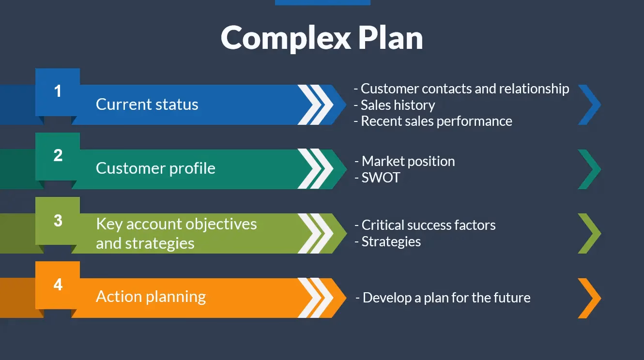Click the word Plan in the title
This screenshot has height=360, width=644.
(x=390, y=38)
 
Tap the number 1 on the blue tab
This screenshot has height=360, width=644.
(x=58, y=91)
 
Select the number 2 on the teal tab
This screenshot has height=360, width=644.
(x=58, y=155)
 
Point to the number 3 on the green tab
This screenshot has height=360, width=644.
(x=58, y=220)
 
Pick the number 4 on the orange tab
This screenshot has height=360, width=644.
(x=58, y=284)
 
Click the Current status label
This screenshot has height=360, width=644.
(x=147, y=105)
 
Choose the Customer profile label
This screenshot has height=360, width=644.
(x=155, y=168)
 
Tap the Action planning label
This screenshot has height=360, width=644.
(x=151, y=297)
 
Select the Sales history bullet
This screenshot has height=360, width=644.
(x=398, y=105)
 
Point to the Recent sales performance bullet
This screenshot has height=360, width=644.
(x=436, y=121)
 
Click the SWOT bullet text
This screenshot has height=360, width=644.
(x=381, y=178)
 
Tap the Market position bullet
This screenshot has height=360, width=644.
(x=408, y=161)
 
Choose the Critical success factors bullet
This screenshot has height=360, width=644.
(x=429, y=225)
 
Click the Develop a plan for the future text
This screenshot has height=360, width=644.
(x=446, y=298)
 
